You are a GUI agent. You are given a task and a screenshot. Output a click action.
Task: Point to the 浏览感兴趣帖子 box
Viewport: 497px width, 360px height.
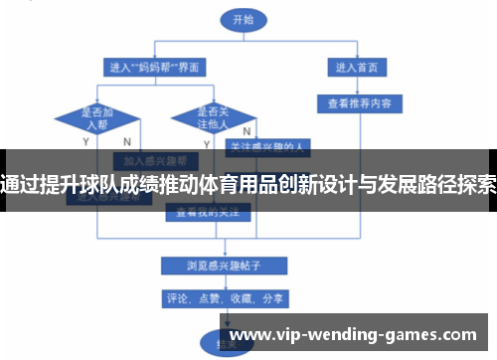click(224, 265)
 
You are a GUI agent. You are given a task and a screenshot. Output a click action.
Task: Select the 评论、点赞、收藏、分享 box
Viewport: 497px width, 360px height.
click(224, 296)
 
